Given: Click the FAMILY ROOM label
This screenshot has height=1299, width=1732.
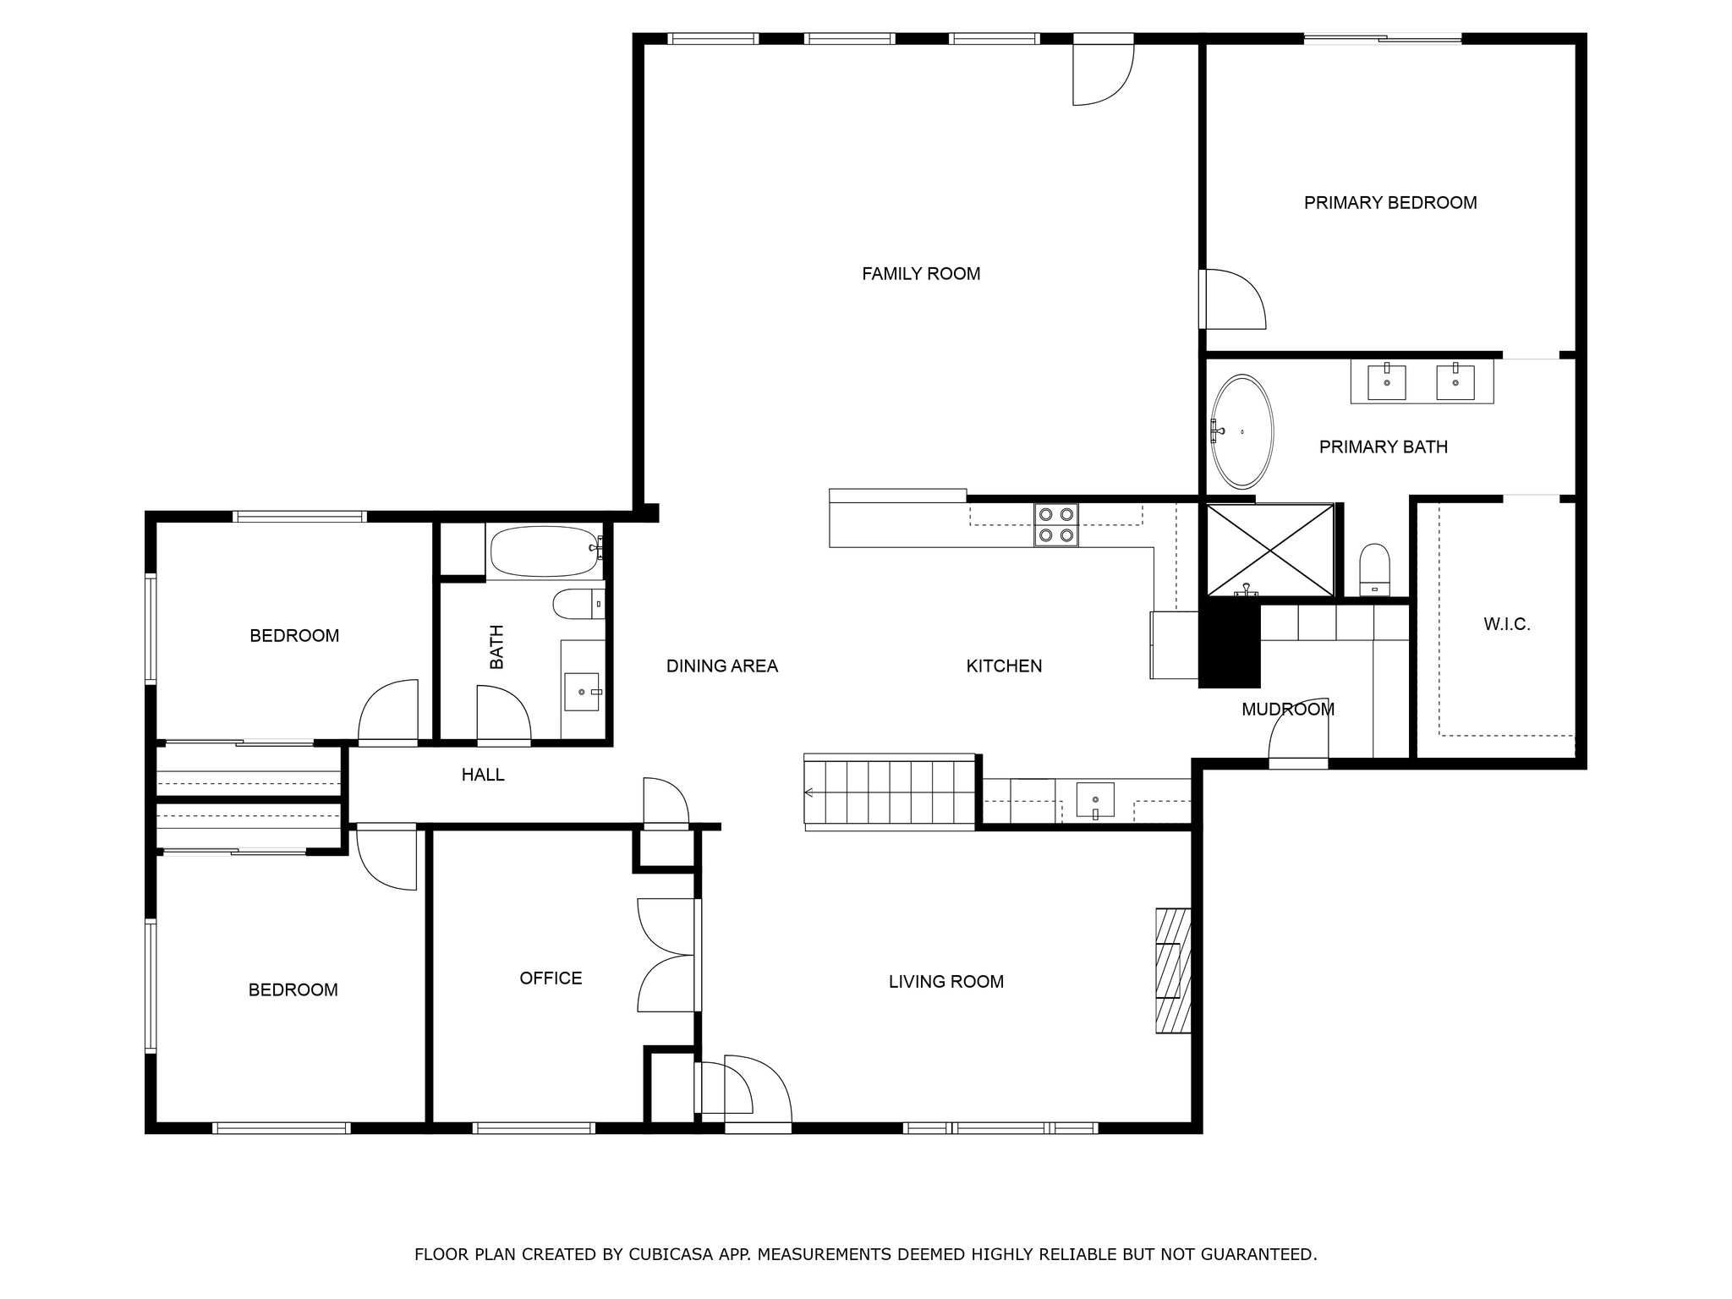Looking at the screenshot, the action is click(x=921, y=274).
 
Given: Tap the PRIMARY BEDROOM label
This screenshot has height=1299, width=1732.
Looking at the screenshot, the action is click(x=1390, y=203).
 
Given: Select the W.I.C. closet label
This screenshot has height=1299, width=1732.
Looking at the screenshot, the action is click(x=1507, y=625).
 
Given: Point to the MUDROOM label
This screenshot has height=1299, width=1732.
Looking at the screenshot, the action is click(x=1288, y=710).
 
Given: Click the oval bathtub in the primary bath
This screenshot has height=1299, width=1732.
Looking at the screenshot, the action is click(x=1241, y=431).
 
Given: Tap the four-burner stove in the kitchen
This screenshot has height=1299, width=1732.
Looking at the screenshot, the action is click(x=1055, y=524).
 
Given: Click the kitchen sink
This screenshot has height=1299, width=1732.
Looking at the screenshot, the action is click(x=1095, y=800).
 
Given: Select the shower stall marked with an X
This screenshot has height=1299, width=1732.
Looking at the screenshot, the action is click(x=1270, y=551).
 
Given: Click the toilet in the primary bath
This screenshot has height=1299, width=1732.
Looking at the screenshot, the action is click(x=1374, y=571).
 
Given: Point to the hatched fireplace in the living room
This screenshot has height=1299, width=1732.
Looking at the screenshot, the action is click(x=1174, y=971).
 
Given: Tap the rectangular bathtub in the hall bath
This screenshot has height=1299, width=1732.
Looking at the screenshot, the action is click(x=545, y=551).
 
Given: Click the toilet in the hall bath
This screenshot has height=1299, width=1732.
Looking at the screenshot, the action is click(x=579, y=604).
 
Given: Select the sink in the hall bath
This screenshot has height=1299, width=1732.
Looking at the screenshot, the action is click(x=581, y=692).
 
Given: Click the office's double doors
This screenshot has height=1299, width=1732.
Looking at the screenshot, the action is click(x=668, y=955).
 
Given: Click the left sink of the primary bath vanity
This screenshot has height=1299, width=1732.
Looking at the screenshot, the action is click(x=1387, y=382).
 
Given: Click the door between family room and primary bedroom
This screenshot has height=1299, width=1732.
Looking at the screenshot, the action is click(x=1232, y=299).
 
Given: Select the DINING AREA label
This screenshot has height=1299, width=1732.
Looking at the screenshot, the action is click(x=722, y=666).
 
